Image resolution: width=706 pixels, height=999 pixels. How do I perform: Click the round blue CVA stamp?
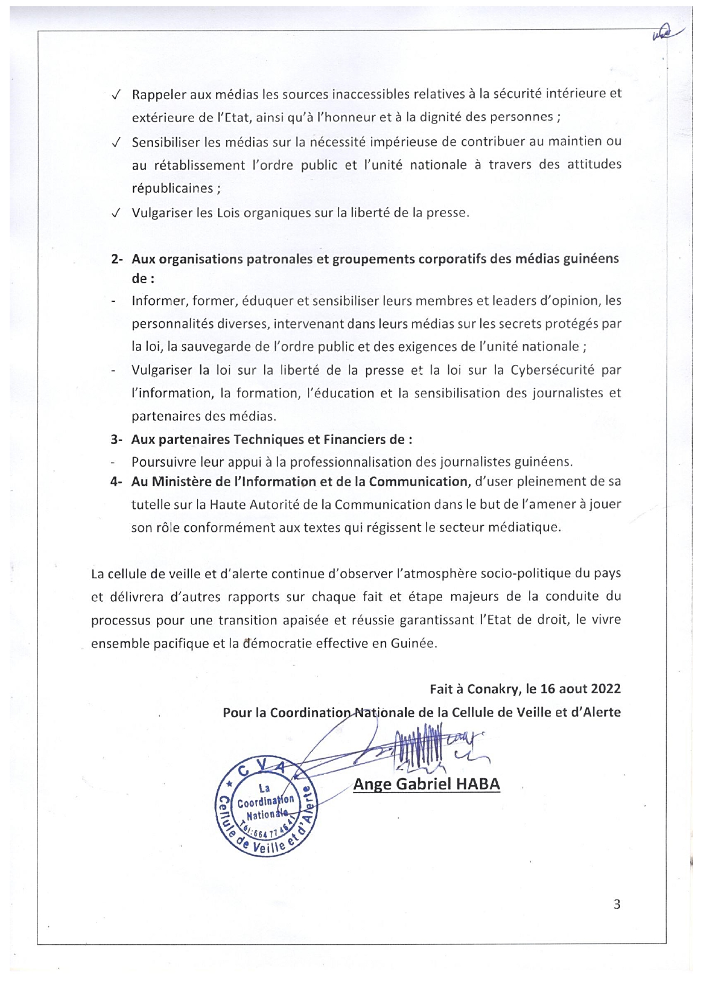coord(265,807)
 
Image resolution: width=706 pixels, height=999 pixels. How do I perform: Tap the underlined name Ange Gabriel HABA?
coord(426,784)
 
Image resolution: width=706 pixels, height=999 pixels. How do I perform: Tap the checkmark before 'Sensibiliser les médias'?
coord(115,142)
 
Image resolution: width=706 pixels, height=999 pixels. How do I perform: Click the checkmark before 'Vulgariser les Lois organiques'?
coord(115,213)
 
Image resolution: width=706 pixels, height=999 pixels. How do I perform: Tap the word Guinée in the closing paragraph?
coord(413,643)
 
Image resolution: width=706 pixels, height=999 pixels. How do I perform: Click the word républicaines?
coord(172,188)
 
